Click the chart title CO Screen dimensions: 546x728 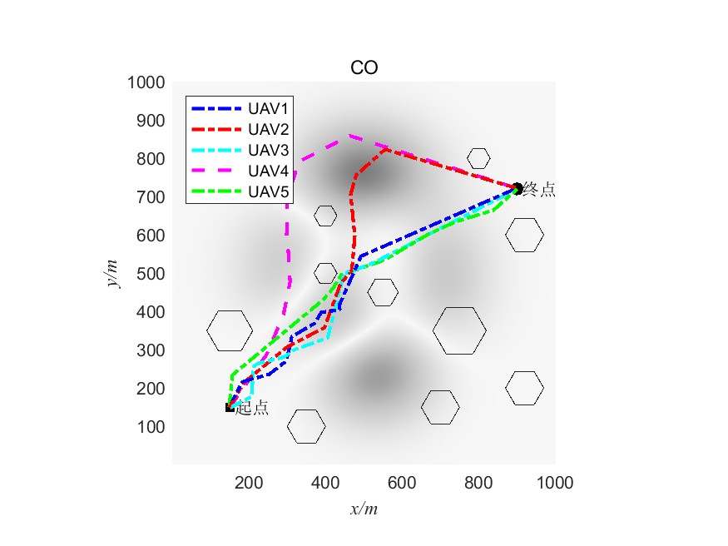point(364,68)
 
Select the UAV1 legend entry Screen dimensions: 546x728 point(268,108)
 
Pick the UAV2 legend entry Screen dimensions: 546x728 point(268,129)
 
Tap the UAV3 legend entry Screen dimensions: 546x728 point(268,150)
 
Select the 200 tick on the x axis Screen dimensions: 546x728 point(249,482)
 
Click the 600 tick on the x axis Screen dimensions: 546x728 point(402,482)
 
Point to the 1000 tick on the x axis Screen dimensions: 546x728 point(555,482)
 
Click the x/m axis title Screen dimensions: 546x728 point(364,508)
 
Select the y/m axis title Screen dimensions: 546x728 point(113,273)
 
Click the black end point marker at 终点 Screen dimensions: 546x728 point(517,188)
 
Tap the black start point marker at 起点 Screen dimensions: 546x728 point(230,407)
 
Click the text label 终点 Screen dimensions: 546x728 point(539,190)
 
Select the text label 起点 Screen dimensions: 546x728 point(252,409)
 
